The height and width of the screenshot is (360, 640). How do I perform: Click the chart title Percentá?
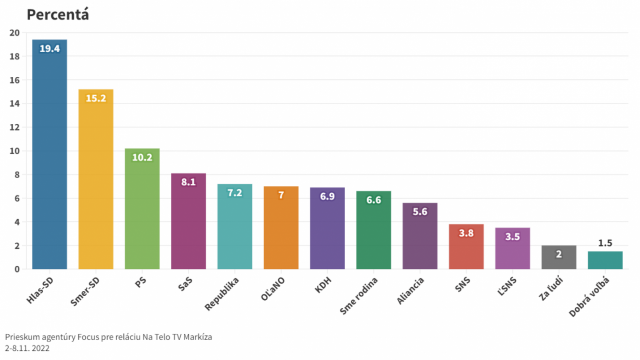tap(58, 15)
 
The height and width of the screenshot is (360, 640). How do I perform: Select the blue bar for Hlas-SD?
tap(50, 154)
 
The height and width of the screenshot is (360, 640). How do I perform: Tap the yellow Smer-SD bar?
tap(96, 179)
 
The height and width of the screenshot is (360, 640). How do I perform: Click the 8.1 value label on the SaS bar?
tap(188, 182)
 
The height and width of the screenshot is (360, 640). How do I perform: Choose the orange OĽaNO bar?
tap(281, 228)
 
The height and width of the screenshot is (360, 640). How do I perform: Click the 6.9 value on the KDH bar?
tap(327, 196)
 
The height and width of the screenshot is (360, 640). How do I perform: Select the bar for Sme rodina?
tap(374, 230)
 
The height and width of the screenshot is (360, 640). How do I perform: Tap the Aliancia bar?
tap(420, 236)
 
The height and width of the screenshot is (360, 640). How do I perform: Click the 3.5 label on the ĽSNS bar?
tap(513, 237)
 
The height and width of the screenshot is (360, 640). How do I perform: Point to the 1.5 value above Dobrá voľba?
tap(605, 243)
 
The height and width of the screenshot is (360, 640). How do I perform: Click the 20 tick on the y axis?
tap(14, 33)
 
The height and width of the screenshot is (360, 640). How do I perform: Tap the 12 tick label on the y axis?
tap(14, 128)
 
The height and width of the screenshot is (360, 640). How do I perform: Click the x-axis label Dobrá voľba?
tap(591, 298)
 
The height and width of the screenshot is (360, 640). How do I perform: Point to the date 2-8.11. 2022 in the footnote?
tap(27, 348)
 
